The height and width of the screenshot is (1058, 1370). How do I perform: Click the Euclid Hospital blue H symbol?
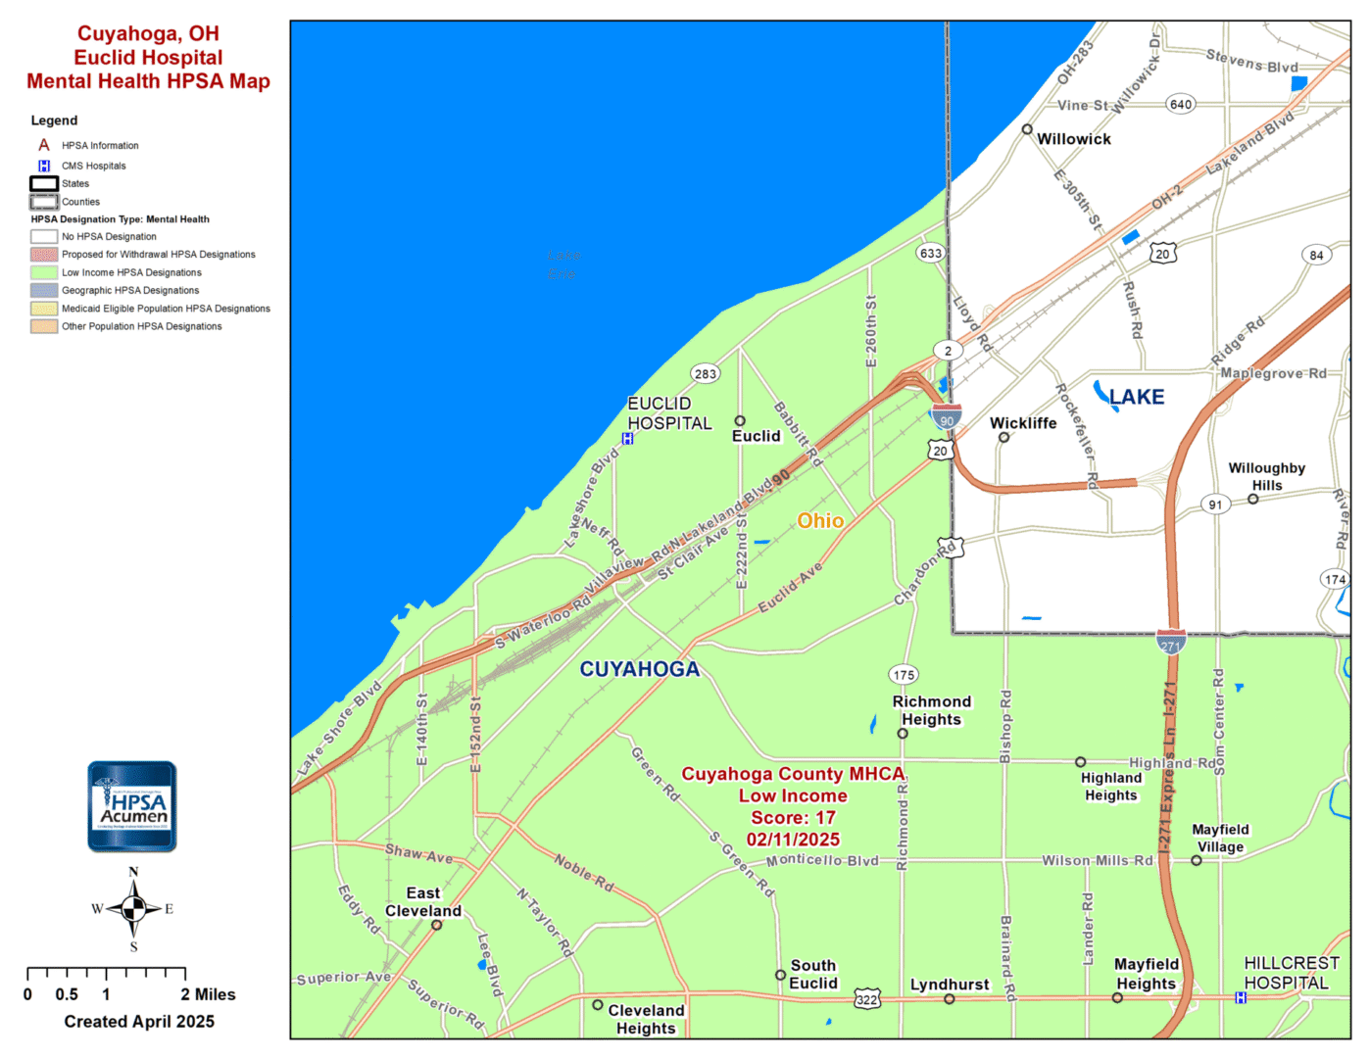pyautogui.click(x=628, y=439)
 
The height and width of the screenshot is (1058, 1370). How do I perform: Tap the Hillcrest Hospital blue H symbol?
pyautogui.click(x=1241, y=997)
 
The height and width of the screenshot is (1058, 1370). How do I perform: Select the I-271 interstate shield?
pyautogui.click(x=1171, y=643)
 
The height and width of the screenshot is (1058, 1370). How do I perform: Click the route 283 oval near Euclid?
pyautogui.click(x=706, y=373)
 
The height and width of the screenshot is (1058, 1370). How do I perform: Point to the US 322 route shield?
pyautogui.click(x=867, y=999)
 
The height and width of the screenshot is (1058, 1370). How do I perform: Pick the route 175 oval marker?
pyautogui.click(x=904, y=675)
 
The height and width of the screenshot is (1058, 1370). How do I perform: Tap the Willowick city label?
pyautogui.click(x=1074, y=139)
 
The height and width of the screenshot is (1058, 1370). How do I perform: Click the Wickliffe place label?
pyautogui.click(x=1023, y=423)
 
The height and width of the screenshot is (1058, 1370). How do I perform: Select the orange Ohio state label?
pyautogui.click(x=820, y=521)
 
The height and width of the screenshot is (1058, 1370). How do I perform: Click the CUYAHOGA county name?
pyautogui.click(x=640, y=669)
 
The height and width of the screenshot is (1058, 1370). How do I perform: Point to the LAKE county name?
pyautogui.click(x=1137, y=397)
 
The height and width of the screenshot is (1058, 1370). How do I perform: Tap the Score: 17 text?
pyautogui.click(x=793, y=818)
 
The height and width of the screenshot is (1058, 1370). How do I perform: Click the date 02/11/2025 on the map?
pyautogui.click(x=793, y=840)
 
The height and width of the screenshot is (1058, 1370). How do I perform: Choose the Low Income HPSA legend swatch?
pyautogui.click(x=44, y=272)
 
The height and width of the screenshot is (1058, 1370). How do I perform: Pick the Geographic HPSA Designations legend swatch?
pyautogui.click(x=44, y=290)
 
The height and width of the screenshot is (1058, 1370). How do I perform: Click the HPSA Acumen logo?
pyautogui.click(x=132, y=806)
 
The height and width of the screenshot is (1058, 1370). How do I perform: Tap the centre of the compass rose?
pyautogui.click(x=134, y=909)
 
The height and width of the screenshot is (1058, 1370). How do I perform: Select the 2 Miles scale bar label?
pyautogui.click(x=208, y=994)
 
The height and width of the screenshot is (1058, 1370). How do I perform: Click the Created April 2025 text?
pyautogui.click(x=139, y=1022)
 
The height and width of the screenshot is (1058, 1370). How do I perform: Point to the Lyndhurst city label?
pyautogui.click(x=950, y=985)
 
